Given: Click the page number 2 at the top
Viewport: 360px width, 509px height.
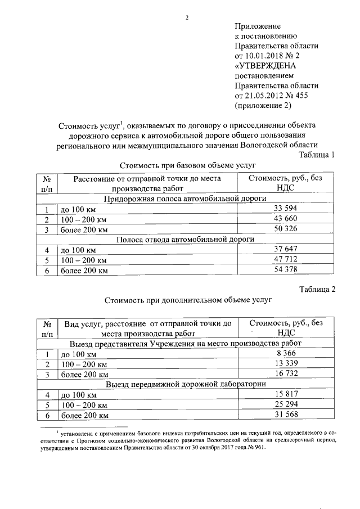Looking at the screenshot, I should [x=186, y=17].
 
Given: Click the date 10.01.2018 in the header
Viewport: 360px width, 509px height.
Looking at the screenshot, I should [x=263, y=56].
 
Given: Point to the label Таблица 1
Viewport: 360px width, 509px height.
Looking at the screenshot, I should [x=318, y=155].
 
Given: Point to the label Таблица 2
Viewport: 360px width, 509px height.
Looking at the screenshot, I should [x=318, y=290].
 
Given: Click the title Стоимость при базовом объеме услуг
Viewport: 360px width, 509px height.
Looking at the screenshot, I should [x=188, y=165].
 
